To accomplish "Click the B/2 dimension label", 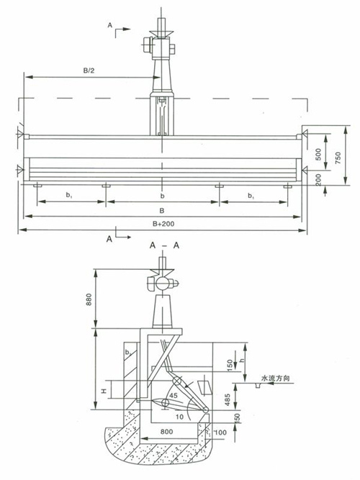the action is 89,71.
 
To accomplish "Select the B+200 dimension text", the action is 163,224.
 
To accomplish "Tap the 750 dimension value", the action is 338,158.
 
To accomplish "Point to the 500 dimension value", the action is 319,154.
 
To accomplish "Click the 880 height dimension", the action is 89,300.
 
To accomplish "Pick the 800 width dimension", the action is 166,432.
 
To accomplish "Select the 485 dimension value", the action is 228,400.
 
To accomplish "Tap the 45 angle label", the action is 174,396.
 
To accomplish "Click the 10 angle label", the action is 179,417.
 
